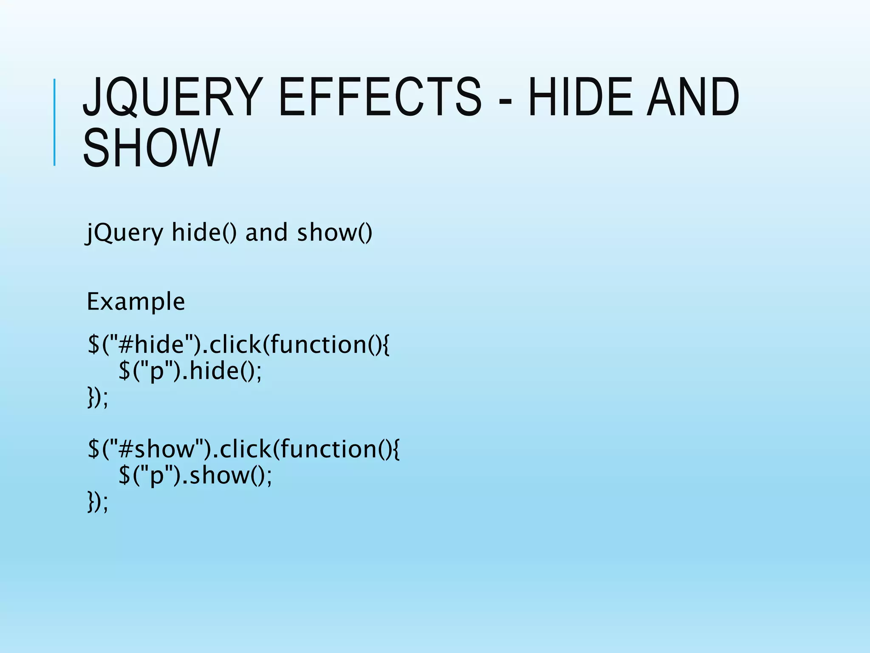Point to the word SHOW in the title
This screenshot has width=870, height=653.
pyautogui.click(x=151, y=148)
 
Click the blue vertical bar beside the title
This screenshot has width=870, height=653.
pyautogui.click(x=54, y=122)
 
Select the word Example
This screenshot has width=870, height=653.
pyautogui.click(x=136, y=302)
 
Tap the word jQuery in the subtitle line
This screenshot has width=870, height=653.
pyautogui.click(x=124, y=233)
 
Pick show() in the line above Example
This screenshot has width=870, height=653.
pyautogui.click(x=335, y=233)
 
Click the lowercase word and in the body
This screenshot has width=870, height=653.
pyautogui.click(x=266, y=233)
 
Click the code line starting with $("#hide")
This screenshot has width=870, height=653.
pyautogui.click(x=238, y=344)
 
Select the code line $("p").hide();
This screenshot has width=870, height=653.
pyautogui.click(x=190, y=371)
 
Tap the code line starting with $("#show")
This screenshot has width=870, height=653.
pyautogui.click(x=243, y=449)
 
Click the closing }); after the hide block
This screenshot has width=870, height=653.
pyautogui.click(x=98, y=397)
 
